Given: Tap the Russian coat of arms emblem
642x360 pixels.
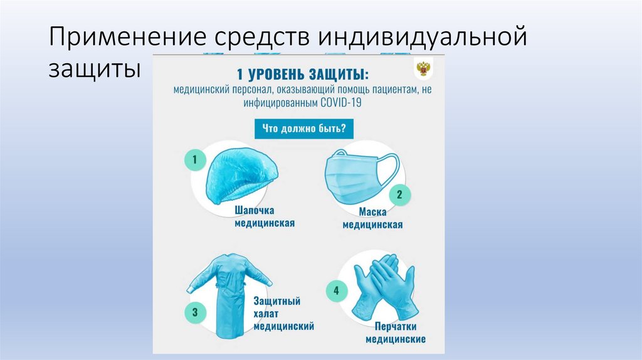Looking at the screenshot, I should click(x=423, y=68).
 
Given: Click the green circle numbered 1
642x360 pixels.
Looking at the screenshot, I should click(x=195, y=160).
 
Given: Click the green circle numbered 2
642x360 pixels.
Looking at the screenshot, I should click(x=399, y=194).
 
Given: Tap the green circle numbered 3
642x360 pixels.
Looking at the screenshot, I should click(x=195, y=311).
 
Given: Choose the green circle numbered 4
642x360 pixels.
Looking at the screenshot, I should click(x=336, y=291).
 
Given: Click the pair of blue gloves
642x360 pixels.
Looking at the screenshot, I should click(x=382, y=289).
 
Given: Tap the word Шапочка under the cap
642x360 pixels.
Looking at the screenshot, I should click(x=255, y=210).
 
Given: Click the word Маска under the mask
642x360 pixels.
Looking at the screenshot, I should click(x=372, y=212).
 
